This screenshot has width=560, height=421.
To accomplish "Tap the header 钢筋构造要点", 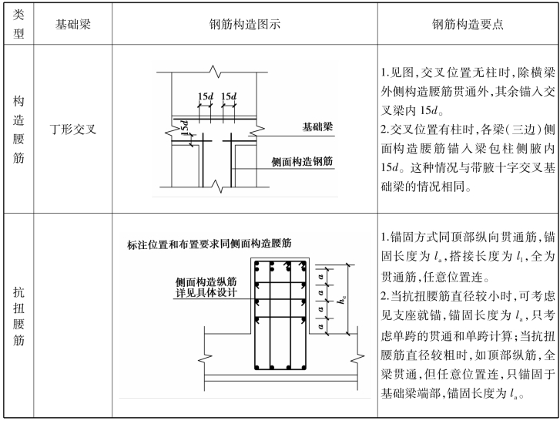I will click(468, 24).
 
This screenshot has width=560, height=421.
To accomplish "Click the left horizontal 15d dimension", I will click(206, 96).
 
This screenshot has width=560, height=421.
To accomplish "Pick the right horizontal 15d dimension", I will click(229, 96).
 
